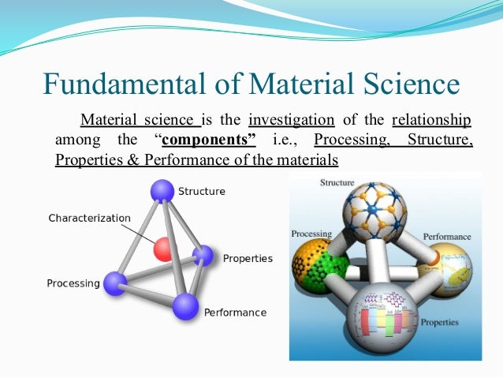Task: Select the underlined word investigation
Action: click(291, 121)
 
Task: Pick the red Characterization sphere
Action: click(163, 249)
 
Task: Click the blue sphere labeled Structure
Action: click(162, 191)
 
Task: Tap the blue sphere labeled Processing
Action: click(115, 283)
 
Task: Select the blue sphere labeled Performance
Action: click(186, 305)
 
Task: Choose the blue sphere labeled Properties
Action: click(203, 255)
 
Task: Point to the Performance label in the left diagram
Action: click(235, 313)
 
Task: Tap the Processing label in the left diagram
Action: click(73, 283)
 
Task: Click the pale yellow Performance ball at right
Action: click(449, 269)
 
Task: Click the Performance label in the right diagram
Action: click(447, 236)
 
